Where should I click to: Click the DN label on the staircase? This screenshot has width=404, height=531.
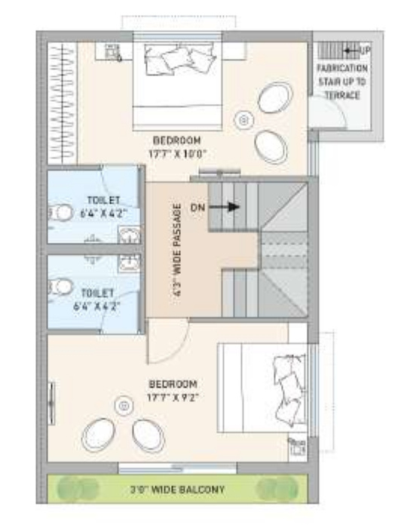198,205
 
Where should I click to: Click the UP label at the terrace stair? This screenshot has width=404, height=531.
366,51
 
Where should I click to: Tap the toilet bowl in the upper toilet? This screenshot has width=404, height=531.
62,213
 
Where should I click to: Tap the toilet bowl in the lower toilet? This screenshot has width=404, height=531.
62,286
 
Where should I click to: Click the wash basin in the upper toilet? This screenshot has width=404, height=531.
128,235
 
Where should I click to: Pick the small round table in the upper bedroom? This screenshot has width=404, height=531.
243,119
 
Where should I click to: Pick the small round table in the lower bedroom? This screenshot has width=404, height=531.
122,406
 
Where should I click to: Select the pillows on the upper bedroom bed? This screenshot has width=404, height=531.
179,58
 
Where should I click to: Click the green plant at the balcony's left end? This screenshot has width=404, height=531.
66,489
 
